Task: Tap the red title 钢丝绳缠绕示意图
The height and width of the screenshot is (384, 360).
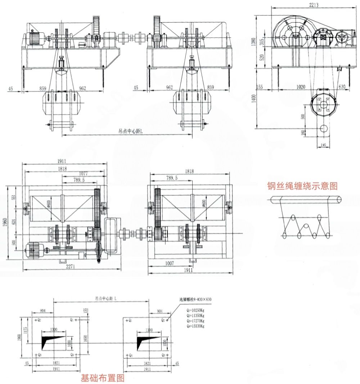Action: [x=302, y=186]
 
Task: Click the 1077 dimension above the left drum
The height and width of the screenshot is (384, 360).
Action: [x=84, y=174]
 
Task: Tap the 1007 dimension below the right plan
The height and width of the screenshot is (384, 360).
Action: [x=170, y=264]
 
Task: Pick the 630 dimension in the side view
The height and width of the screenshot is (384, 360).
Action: [x=343, y=87]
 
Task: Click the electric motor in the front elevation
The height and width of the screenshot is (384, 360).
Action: [x=35, y=37]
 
